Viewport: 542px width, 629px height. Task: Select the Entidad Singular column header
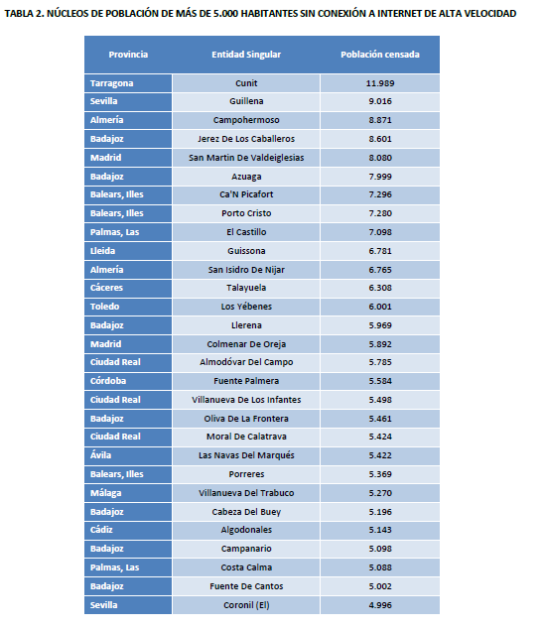pos(246,54)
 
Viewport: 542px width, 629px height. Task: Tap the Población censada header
pos(379,54)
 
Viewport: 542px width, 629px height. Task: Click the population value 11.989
pos(379,83)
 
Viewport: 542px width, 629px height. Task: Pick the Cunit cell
pos(246,83)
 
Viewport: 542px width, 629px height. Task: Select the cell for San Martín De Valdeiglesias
pos(246,158)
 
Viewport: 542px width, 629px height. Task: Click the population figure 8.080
pos(379,158)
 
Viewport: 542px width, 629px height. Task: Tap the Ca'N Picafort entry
pos(246,194)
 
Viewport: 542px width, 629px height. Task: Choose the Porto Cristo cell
pos(246,213)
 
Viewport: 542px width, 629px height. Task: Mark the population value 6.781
pos(379,250)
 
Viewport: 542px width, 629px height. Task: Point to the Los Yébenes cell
pos(246,307)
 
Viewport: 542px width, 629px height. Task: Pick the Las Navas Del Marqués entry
pos(246,455)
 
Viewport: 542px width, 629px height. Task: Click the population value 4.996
pos(379,604)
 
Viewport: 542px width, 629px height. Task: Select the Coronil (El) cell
pos(246,604)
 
